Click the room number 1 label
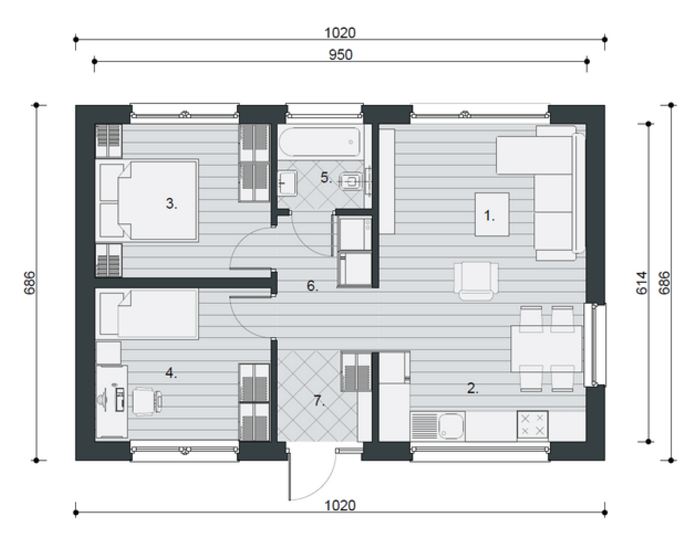(x=489, y=216)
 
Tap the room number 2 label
(x=472, y=388)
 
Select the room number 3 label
(x=171, y=204)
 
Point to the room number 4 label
(x=171, y=374)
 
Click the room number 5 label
(x=326, y=177)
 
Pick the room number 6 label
(x=312, y=286)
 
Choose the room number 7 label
(x=319, y=401)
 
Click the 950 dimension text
(x=340, y=55)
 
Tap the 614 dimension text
(x=642, y=283)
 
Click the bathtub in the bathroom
(x=319, y=142)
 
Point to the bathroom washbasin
(x=287, y=183)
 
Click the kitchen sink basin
(x=451, y=426)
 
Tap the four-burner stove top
(x=532, y=425)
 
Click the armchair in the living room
(x=476, y=281)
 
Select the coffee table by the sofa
(x=492, y=214)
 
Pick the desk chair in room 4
(x=147, y=401)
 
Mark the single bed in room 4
(x=146, y=314)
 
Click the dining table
(x=547, y=349)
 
